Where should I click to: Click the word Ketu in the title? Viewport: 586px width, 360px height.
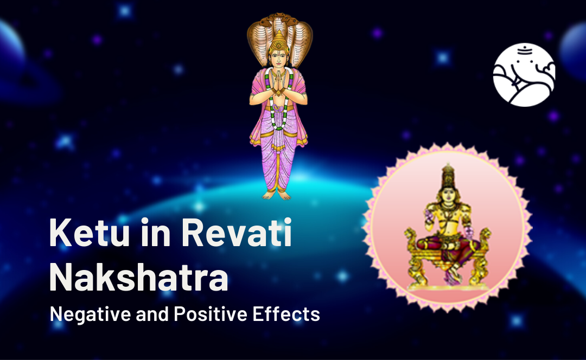pyautogui.click(x=90, y=233)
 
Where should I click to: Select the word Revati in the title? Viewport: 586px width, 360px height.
pyautogui.click(x=237, y=233)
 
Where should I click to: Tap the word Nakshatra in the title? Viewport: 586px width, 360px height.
pyautogui.click(x=139, y=277)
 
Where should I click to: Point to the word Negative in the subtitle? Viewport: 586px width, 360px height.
pyautogui.click(x=90, y=314)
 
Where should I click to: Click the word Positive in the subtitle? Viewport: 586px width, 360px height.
pyautogui.click(x=211, y=314)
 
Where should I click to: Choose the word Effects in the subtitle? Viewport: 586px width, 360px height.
pyautogui.click(x=286, y=314)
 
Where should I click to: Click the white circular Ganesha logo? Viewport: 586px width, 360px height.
pyautogui.click(x=524, y=75)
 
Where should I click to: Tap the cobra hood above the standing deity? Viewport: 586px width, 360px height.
pyautogui.click(x=279, y=37)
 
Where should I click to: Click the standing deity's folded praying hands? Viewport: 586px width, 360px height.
pyautogui.click(x=278, y=85)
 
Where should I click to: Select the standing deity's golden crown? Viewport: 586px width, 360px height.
pyautogui.click(x=279, y=41)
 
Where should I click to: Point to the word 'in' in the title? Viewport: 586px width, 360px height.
pyautogui.click(x=156, y=233)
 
